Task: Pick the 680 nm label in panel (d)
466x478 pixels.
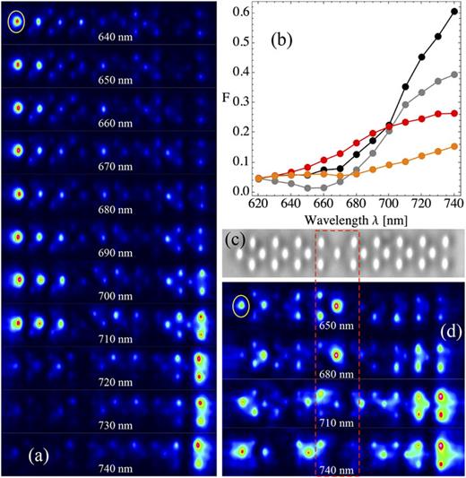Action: pos(338,374)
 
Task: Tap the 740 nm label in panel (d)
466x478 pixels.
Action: pos(338,469)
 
